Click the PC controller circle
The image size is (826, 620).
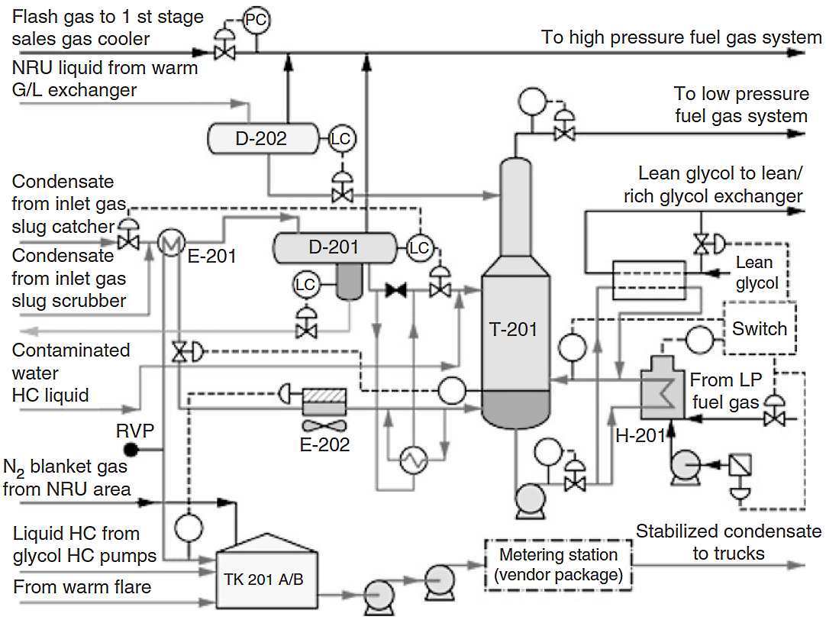pos(256,21)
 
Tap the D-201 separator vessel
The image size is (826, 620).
pos(334,247)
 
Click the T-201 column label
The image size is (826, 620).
pos(512,329)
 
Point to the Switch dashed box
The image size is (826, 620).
pos(759,328)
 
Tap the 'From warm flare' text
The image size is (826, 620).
pos(82,587)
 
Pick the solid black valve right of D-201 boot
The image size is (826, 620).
pos(395,290)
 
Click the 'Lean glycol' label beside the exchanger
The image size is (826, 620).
pos(757,273)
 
